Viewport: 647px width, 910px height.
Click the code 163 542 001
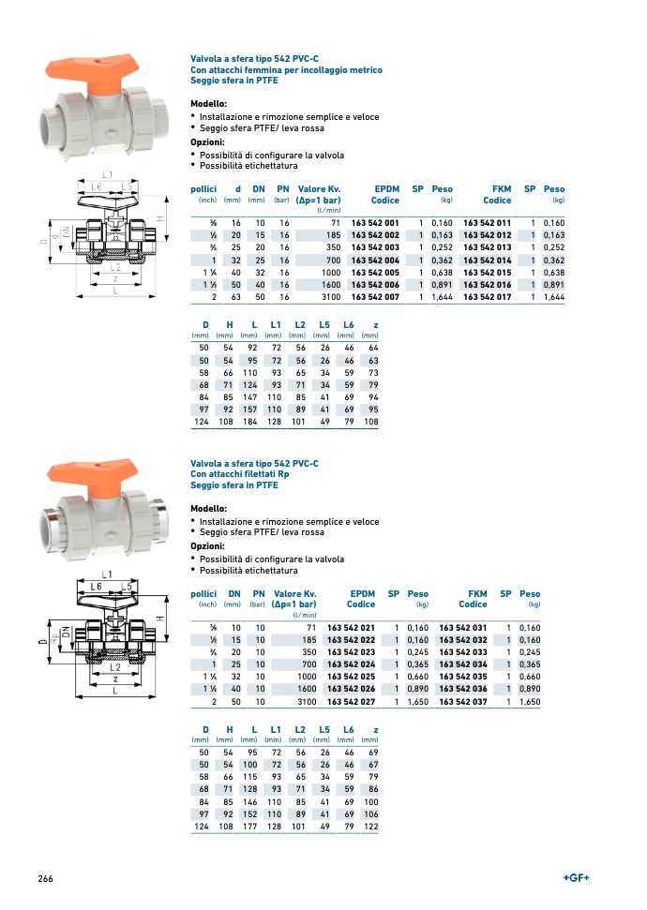coord(375,221)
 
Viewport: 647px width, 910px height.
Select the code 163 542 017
coord(488,297)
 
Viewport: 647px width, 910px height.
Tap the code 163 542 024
coord(351,664)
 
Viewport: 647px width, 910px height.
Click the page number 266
coord(45,878)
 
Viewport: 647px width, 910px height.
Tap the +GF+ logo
coord(575,877)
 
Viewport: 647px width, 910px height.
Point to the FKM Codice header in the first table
coord(497,194)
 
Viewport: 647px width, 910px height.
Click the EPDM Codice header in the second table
coord(361,599)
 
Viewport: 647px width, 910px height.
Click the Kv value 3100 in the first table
coord(329,297)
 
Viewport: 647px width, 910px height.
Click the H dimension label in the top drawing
coord(160,218)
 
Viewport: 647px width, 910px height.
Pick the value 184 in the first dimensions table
coord(248,422)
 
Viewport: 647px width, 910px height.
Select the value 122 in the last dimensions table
coord(370,827)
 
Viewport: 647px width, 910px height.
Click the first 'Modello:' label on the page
coord(209,104)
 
